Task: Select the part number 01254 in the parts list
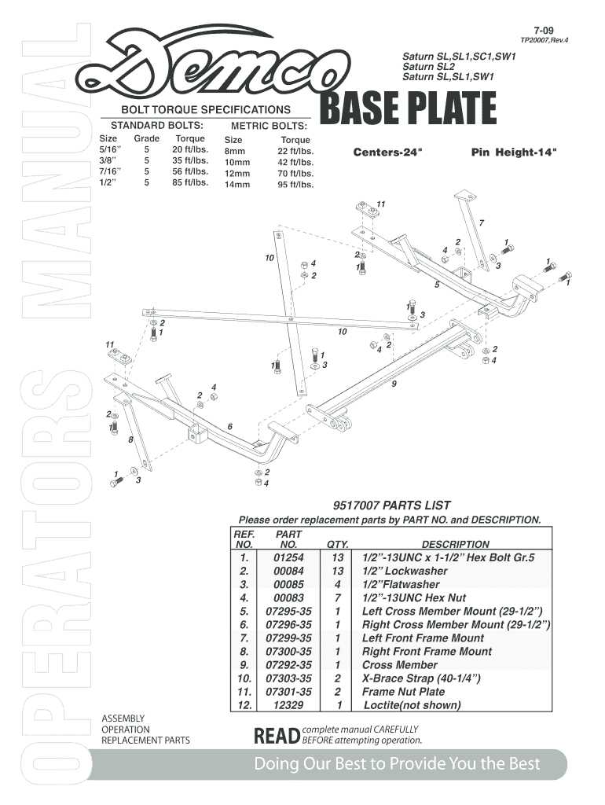(x=288, y=557)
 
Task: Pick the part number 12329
(x=288, y=705)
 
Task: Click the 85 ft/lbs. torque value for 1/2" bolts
(x=190, y=182)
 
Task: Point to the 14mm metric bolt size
(x=236, y=186)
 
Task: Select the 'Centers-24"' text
(x=387, y=152)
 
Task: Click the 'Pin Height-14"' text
(x=515, y=152)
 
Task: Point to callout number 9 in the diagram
(x=394, y=384)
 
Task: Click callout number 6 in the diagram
(x=229, y=426)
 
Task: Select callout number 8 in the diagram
(x=130, y=439)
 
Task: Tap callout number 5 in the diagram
(x=437, y=284)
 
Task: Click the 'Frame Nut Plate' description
(x=403, y=692)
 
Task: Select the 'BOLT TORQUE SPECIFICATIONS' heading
(x=204, y=109)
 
